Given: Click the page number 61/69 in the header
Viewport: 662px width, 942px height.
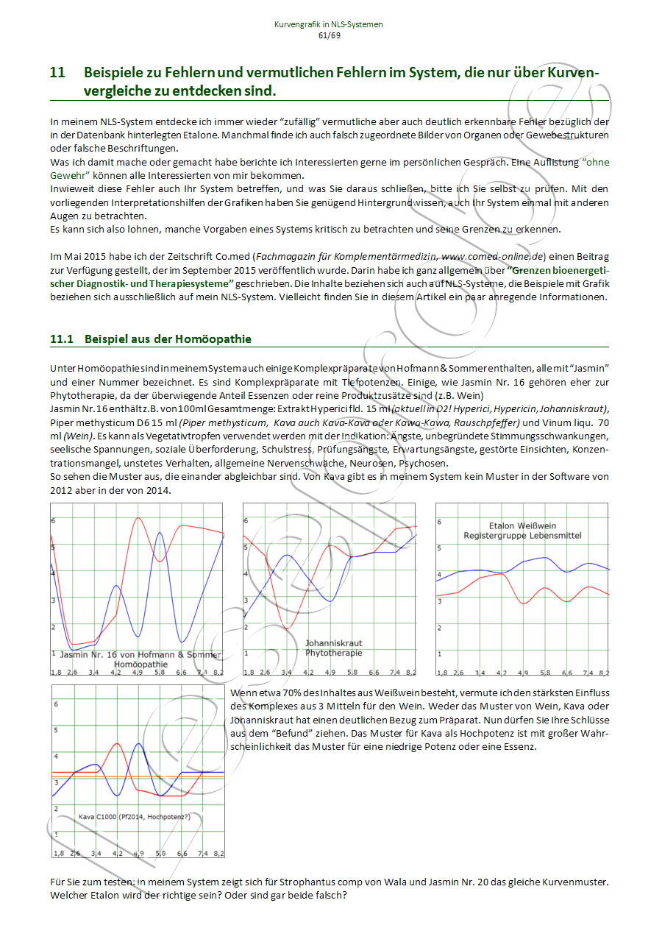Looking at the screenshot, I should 328,35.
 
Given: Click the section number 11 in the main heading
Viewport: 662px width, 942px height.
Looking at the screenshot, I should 57,73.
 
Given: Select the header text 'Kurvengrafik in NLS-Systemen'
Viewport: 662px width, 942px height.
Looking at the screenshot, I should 328,24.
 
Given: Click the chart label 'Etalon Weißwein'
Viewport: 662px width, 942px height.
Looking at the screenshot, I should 522,525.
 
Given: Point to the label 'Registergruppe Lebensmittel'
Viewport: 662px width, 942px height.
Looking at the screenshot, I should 522,536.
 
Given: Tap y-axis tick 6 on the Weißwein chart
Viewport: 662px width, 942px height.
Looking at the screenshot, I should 439,522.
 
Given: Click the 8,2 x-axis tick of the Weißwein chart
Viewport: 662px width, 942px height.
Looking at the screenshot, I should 602,673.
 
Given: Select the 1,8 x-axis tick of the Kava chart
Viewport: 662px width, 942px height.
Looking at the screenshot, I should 57,853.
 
